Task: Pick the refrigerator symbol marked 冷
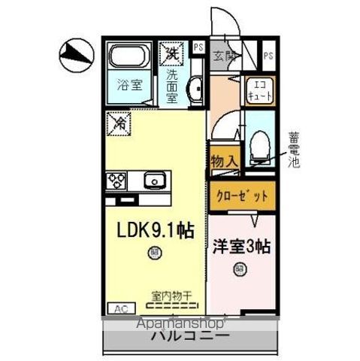(119, 123)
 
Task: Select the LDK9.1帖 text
(153, 232)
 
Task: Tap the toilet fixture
(259, 143)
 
